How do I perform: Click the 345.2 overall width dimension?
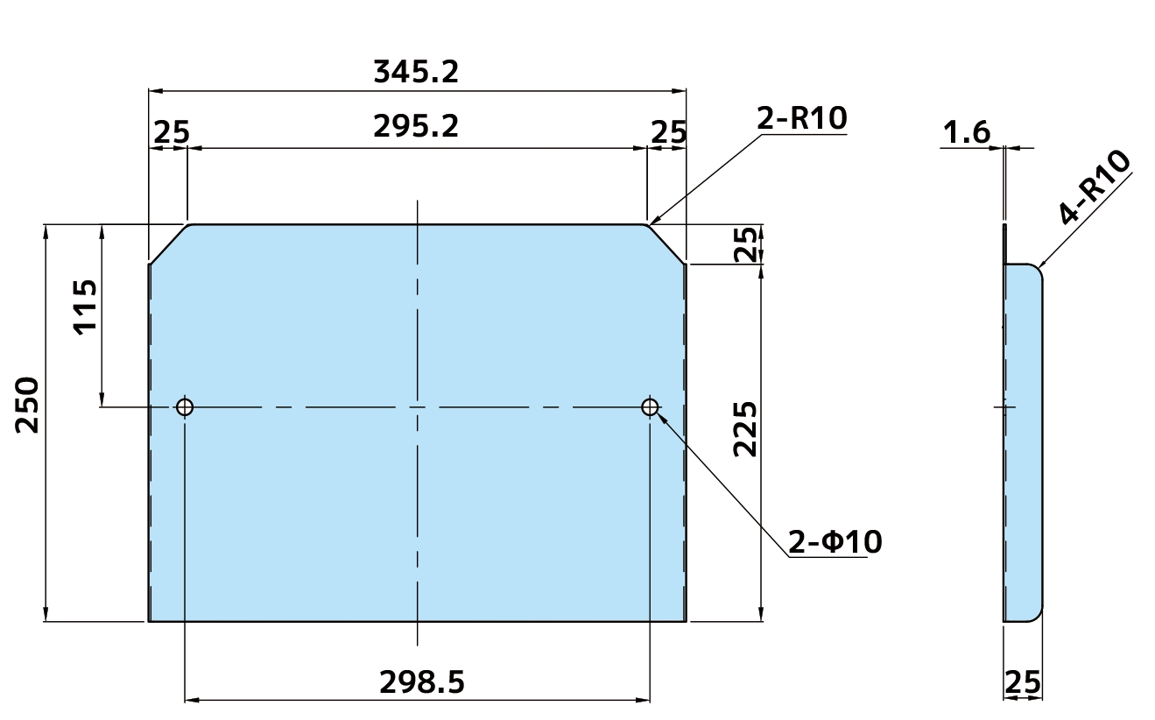(416, 72)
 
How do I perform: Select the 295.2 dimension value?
(416, 126)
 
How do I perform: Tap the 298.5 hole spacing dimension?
(422, 682)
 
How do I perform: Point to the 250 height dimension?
(27, 406)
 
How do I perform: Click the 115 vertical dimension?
(85, 307)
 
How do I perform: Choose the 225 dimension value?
(745, 429)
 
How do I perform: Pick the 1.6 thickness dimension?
(966, 132)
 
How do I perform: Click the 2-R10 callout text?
(801, 118)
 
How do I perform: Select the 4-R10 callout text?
(1095, 187)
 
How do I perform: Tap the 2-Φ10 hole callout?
(835, 541)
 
